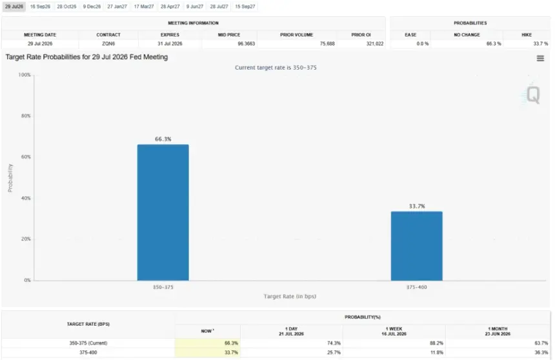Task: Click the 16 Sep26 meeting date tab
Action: [x=40, y=6]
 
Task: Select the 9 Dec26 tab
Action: [x=92, y=6]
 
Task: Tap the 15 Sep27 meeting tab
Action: [x=245, y=6]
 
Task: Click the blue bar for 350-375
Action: [x=163, y=212]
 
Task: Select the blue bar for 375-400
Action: [x=417, y=246]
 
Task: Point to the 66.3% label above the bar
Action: [x=163, y=139]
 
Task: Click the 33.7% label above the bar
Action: [x=417, y=206]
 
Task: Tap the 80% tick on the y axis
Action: [x=26, y=115]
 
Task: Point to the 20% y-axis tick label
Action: [x=26, y=239]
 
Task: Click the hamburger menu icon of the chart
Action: [x=540, y=59]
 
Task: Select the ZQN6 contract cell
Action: [x=108, y=43]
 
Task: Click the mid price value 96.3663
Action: [x=246, y=43]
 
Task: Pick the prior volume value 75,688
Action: [x=327, y=43]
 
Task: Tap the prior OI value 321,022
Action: [x=375, y=43]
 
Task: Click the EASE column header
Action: [x=410, y=35]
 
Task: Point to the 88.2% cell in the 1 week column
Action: [x=436, y=343]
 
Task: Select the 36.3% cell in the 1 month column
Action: [x=541, y=352]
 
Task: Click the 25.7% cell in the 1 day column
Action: [x=334, y=352]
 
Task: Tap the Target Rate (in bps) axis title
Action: [x=290, y=296]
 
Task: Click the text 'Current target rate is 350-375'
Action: [x=276, y=68]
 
